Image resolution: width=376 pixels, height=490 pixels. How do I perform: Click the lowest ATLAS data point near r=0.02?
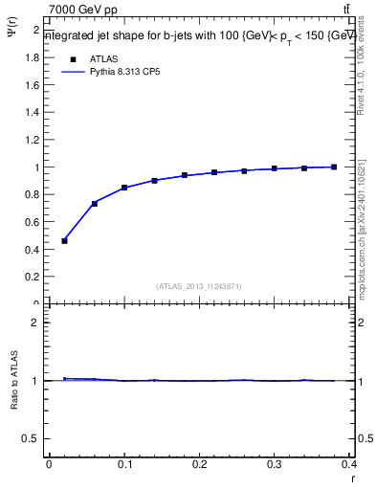pyautogui.click(x=64, y=240)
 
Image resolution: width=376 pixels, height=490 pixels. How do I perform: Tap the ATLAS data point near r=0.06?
pyautogui.click(x=94, y=203)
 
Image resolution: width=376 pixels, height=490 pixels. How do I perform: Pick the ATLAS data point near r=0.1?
pyautogui.click(x=124, y=188)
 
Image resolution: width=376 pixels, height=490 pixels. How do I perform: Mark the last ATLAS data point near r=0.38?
pyautogui.click(x=334, y=167)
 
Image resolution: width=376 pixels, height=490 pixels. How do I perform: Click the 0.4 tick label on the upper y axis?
pyautogui.click(x=33, y=250)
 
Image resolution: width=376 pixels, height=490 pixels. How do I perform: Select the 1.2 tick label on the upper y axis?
pyautogui.click(x=33, y=140)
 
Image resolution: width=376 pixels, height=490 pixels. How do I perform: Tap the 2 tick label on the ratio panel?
pyautogui.click(x=36, y=323)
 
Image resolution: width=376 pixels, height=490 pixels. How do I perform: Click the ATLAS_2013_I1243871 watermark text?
pyautogui.click(x=199, y=286)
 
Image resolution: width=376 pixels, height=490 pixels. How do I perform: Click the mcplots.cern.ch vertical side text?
pyautogui.click(x=366, y=225)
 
